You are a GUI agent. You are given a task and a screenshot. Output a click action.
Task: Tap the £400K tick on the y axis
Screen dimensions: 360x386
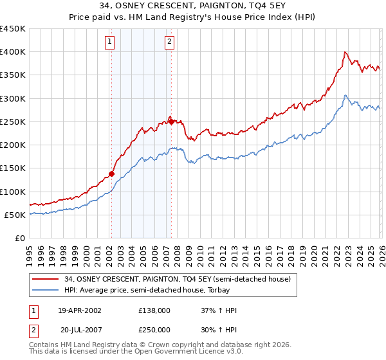pyautogui.click(x=13, y=52)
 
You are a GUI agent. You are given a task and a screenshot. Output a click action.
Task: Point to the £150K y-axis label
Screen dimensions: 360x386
pyautogui.click(x=13, y=168)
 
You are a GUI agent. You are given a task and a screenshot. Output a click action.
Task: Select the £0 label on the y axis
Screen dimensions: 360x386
pyautogui.click(x=20, y=239)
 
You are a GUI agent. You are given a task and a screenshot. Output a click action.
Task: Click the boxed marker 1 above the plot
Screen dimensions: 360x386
pyautogui.click(x=110, y=42)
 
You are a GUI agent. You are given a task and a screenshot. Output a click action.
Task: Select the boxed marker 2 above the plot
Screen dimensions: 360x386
pyautogui.click(x=169, y=42)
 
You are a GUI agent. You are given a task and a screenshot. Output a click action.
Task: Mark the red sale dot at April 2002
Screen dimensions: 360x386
pyautogui.click(x=111, y=174)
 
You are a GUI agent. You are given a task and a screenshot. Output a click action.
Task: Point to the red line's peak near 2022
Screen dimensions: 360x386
pyautogui.click(x=345, y=52)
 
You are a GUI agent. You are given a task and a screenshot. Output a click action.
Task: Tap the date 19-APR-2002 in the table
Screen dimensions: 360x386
pyautogui.click(x=80, y=310)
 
